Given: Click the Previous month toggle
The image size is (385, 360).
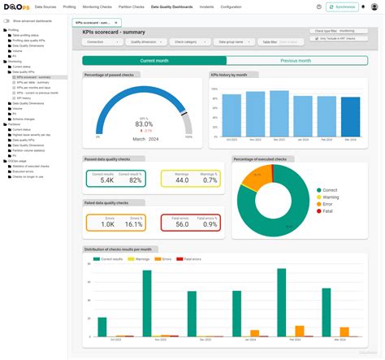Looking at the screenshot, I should pos(295,60).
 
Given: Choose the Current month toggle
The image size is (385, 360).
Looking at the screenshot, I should pos(154,60).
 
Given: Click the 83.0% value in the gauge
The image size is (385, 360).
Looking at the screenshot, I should pos(143,124).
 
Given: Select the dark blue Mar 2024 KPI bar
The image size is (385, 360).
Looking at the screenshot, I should pos(351,116).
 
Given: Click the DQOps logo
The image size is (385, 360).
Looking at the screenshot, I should pos(16,7).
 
